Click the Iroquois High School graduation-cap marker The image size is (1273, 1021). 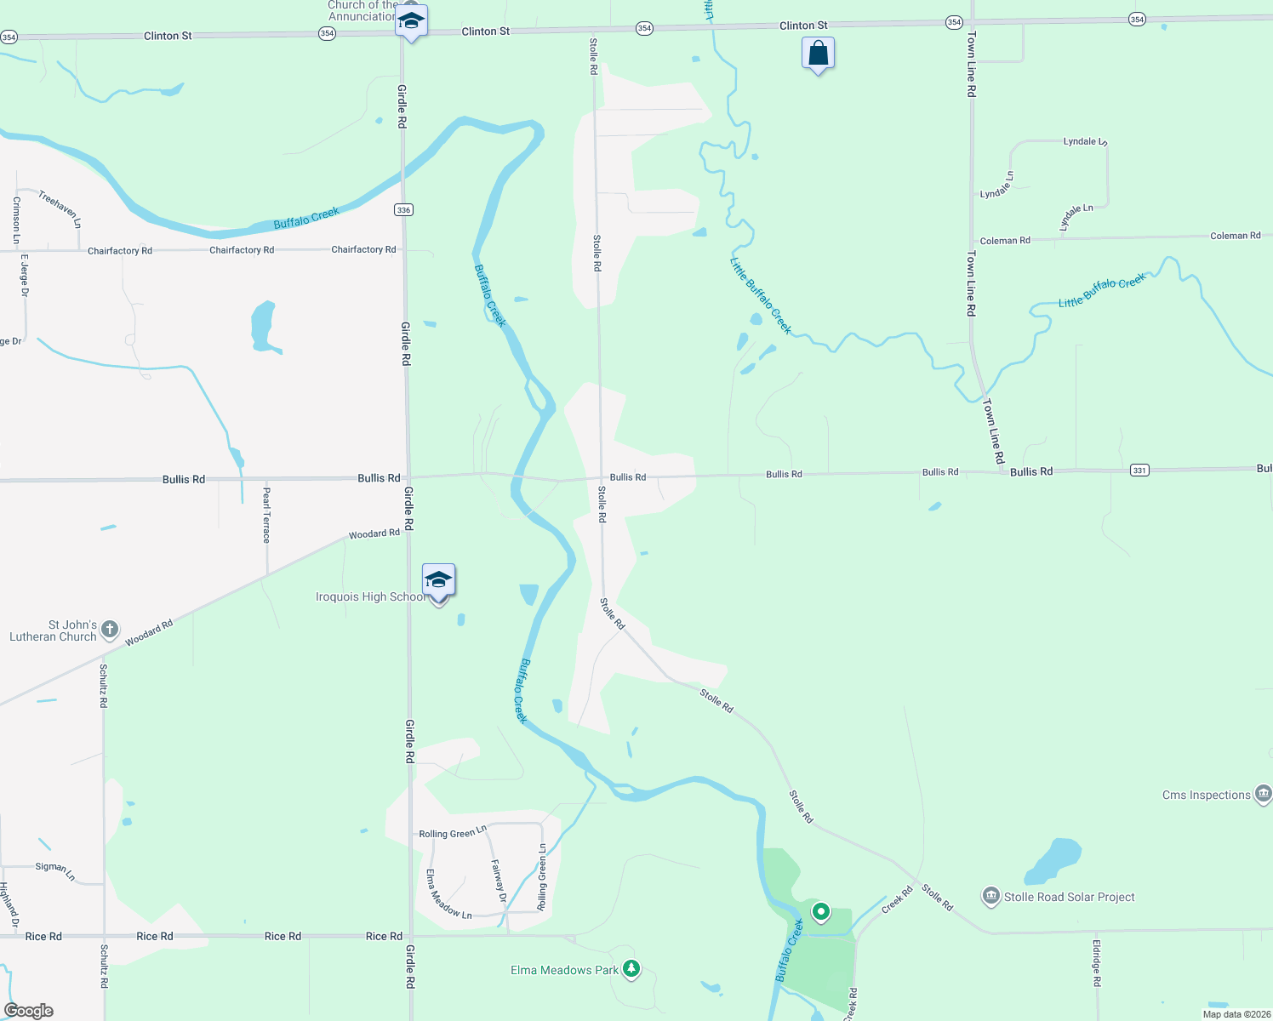point(438,581)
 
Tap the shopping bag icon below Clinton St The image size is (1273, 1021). point(818,54)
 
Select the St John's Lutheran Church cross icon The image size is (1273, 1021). point(110,630)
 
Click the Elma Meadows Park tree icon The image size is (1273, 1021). point(631,968)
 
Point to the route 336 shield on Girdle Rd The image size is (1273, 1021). point(403,209)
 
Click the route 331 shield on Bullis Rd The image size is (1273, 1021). point(1139,470)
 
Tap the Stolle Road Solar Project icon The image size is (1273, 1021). point(990,896)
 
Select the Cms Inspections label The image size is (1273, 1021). point(1206,795)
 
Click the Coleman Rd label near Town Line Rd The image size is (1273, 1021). point(1005,241)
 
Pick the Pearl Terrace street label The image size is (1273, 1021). point(266,515)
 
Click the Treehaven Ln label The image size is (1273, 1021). point(60,208)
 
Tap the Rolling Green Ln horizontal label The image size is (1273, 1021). point(453,832)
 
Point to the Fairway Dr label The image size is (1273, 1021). point(499,881)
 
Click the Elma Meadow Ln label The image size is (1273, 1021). point(448,894)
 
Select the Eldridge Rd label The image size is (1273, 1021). point(1097,962)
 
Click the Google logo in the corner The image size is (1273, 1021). point(29,1011)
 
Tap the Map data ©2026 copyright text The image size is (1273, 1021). point(1236,1014)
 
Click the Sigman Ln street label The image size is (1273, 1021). point(55,870)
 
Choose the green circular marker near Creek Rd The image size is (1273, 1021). point(820,912)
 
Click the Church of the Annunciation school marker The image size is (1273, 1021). point(411,22)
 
